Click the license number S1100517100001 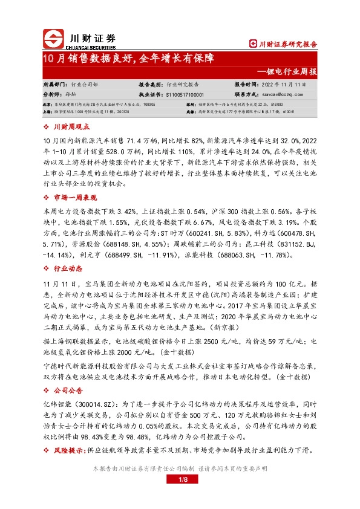click(181, 94)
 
